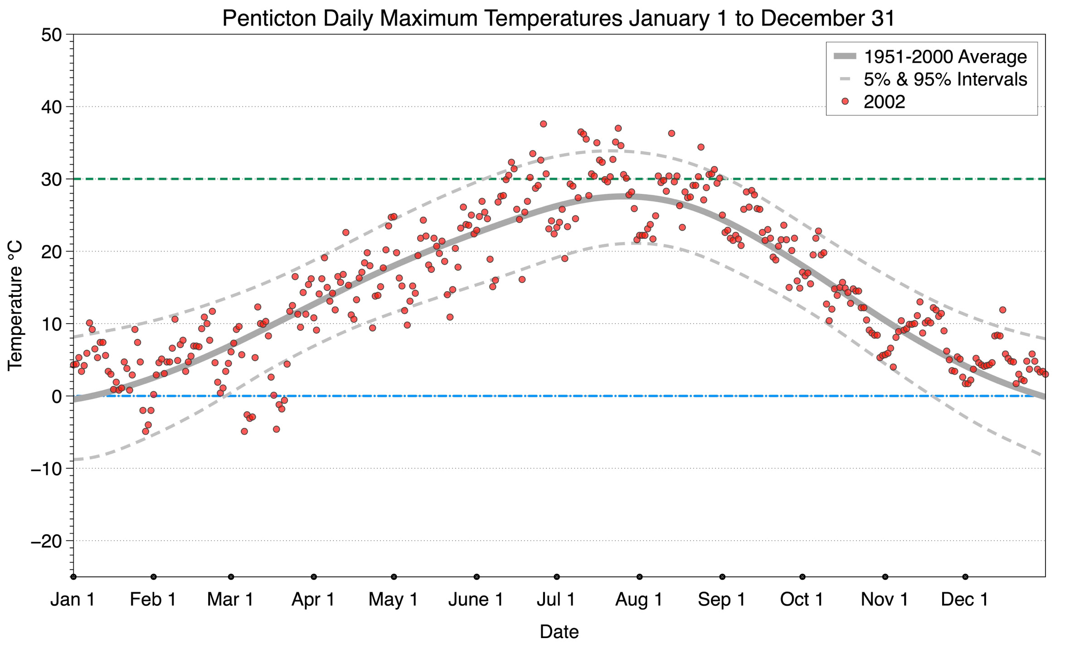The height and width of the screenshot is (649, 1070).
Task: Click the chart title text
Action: (559, 18)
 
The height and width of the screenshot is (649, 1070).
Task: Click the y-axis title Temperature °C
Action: (15, 306)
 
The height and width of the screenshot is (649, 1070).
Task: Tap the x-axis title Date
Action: (559, 632)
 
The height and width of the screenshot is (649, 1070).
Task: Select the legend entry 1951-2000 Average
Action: (945, 57)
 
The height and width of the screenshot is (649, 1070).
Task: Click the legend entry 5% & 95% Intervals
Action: (945, 79)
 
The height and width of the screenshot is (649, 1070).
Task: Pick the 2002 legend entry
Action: (884, 102)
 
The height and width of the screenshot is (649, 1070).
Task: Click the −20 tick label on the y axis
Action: (46, 541)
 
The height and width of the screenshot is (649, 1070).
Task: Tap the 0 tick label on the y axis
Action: (56, 397)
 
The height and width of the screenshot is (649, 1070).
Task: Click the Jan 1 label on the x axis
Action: (73, 600)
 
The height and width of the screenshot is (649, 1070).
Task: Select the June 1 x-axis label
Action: (476, 600)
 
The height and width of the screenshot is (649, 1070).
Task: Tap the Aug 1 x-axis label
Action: (639, 600)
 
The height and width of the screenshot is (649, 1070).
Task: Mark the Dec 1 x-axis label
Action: (965, 600)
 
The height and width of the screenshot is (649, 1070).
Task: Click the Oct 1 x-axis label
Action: (802, 600)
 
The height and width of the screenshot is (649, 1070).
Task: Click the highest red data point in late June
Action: (543, 124)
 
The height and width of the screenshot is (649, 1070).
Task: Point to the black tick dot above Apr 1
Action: (314, 577)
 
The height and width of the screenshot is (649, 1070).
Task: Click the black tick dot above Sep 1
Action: (722, 577)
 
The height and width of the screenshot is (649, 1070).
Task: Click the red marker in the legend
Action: (845, 102)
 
